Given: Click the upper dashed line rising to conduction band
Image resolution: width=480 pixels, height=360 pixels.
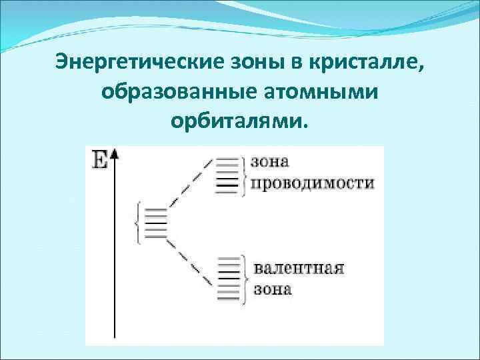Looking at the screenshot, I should (190, 184).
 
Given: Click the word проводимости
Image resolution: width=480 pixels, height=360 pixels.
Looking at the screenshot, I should (312, 184).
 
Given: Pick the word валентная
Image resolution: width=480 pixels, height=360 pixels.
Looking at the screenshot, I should (299, 270).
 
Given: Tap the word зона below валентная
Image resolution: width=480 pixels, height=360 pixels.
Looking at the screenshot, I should (273, 291).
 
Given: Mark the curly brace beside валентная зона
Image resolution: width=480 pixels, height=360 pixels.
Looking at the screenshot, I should (247, 279).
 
